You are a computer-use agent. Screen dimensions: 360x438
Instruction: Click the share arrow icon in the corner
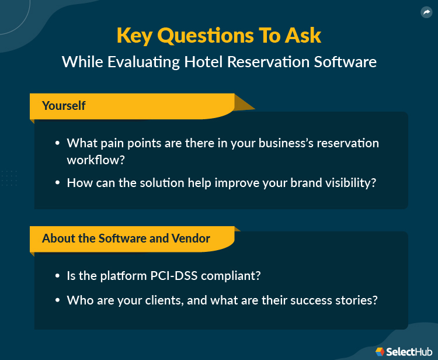pos(426,12)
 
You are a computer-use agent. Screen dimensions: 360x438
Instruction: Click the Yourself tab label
pos(64,106)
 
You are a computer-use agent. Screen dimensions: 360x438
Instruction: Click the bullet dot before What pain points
pos(57,143)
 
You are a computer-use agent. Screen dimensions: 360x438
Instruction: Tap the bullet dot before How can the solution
pos(57,183)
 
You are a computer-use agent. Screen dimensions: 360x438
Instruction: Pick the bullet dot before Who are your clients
pos(57,301)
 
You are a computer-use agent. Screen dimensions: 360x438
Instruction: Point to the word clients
pos(165,300)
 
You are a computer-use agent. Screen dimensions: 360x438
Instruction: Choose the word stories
pos(355,300)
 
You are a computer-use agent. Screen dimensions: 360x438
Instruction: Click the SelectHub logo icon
pos(380,351)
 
